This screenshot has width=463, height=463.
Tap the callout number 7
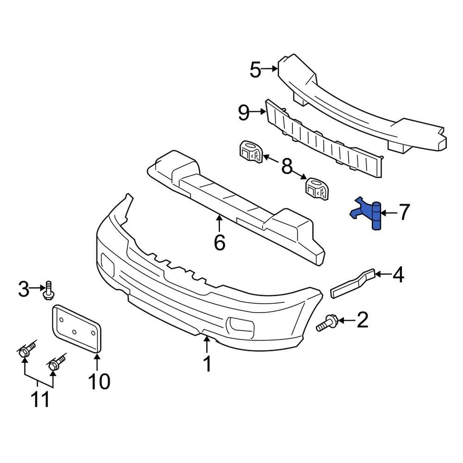[404, 213]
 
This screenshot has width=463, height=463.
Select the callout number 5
[255, 69]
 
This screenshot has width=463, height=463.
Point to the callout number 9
[244, 113]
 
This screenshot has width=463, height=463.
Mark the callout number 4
[398, 275]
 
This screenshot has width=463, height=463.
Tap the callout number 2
[362, 319]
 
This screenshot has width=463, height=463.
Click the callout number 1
[207, 364]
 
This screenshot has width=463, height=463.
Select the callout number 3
[24, 290]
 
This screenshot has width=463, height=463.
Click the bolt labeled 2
[326, 323]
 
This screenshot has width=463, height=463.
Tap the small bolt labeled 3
[48, 291]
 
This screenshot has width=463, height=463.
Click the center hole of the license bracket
[75, 331]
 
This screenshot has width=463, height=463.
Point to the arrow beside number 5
[270, 69]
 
